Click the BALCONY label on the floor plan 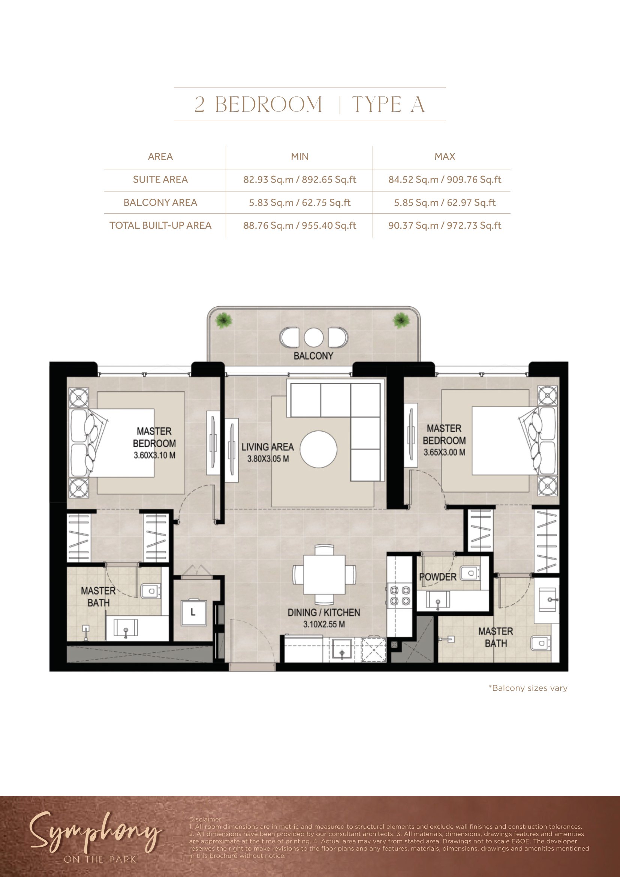tap(313, 356)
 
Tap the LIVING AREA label tap(268, 447)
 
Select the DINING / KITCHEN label tap(324, 612)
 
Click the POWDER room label tap(437, 577)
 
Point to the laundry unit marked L tap(193, 613)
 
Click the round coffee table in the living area tap(318, 449)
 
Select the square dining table tap(324, 574)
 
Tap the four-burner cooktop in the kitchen tap(400, 596)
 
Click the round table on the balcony tap(313, 337)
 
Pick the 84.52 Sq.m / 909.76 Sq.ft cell tap(445, 180)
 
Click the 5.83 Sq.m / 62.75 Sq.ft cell tap(300, 202)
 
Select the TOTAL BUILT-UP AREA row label tap(160, 225)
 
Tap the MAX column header tap(445, 157)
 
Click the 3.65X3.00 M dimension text tap(445, 452)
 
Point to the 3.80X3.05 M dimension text tap(268, 459)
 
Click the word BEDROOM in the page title tap(269, 104)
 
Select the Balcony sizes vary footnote tap(528, 688)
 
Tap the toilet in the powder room tap(470, 573)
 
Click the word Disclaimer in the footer tap(205, 819)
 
